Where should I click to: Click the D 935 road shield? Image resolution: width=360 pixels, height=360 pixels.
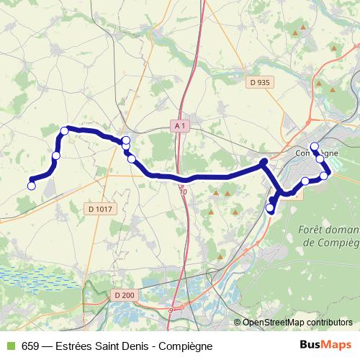[260, 83]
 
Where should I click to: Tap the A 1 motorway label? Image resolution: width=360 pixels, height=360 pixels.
[180, 125]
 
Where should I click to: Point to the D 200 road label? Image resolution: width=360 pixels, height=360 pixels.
[124, 294]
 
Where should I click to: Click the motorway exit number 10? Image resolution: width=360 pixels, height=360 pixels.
[183, 192]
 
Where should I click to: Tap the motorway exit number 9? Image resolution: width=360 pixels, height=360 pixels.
[171, 310]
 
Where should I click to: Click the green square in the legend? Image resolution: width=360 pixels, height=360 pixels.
[10, 346]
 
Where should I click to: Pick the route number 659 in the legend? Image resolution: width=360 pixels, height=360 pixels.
[30, 346]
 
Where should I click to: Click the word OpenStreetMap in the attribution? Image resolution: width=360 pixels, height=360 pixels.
[274, 323]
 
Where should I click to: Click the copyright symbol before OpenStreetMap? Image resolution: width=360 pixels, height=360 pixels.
[238, 323]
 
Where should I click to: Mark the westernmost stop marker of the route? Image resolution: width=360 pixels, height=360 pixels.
[31, 186]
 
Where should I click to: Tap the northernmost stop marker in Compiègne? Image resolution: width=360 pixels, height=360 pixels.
[314, 146]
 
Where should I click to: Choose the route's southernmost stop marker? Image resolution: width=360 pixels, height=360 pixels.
[271, 209]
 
